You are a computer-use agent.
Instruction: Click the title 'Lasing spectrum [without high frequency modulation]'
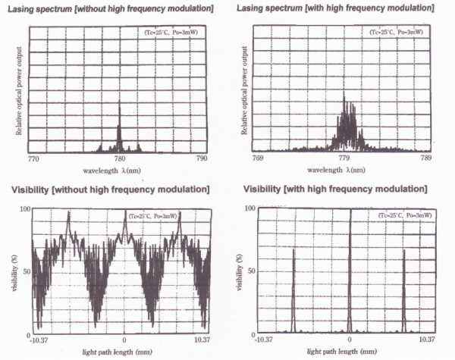110,8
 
